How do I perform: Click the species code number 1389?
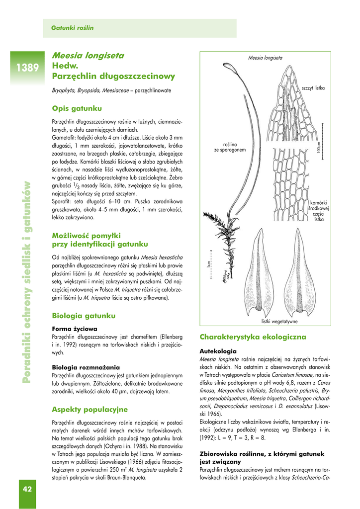point(26,68)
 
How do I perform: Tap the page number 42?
point(27,489)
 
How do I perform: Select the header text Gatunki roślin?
point(73,28)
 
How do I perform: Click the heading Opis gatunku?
point(77,108)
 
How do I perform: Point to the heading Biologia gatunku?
point(84,316)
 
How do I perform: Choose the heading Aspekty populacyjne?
point(90,410)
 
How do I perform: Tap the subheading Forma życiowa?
point(74,329)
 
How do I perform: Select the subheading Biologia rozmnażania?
point(86,367)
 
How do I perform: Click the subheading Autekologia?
point(218,350)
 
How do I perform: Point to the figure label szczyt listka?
point(313,88)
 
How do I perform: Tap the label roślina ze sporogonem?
point(230,147)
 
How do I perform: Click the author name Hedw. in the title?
point(66,66)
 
